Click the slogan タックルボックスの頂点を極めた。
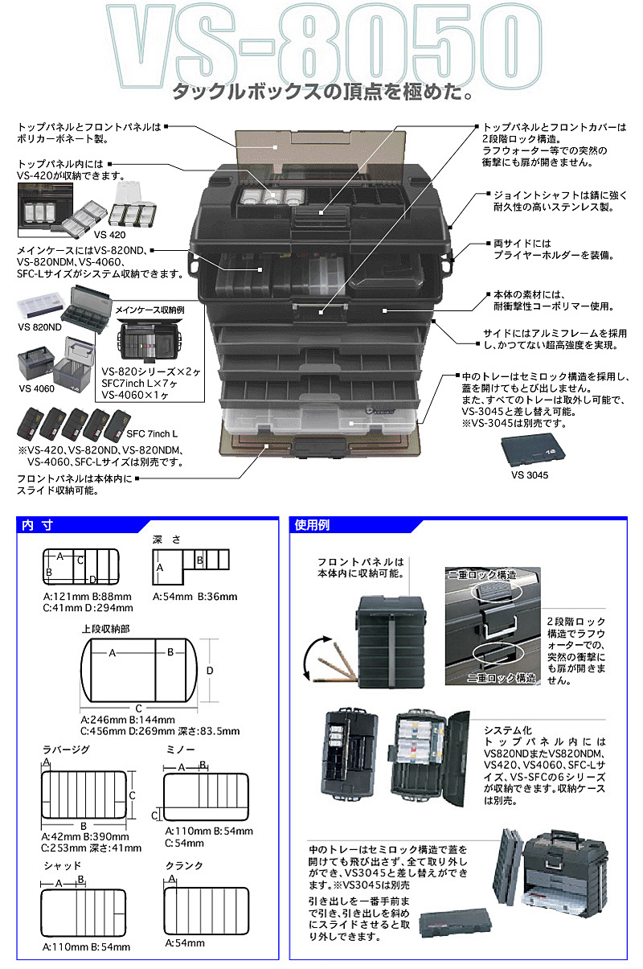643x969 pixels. pyautogui.click(x=321, y=94)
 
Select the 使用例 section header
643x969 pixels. pyautogui.click(x=313, y=525)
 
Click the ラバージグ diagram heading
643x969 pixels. pyautogui.click(x=66, y=749)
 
